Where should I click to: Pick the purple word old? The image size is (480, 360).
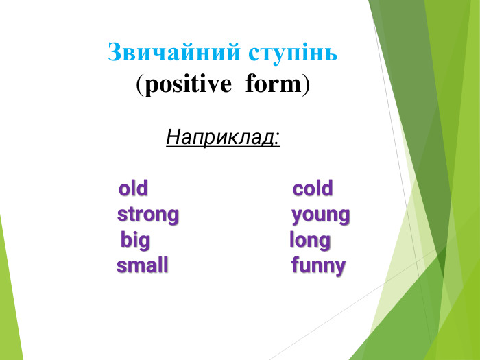point(133,189)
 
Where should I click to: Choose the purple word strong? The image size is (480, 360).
point(147,215)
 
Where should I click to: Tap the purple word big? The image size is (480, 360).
point(135,241)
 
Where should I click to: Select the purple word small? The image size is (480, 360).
point(142,266)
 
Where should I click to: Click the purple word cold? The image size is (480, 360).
point(313,189)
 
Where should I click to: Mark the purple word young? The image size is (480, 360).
point(320,215)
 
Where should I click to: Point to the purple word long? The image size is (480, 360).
point(309,241)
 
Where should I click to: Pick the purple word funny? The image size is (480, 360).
point(318,266)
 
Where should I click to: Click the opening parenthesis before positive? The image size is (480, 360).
point(140,85)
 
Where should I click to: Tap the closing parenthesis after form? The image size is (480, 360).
point(307,85)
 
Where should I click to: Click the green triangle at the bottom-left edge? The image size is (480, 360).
point(8,309)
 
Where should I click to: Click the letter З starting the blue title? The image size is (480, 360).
point(115,53)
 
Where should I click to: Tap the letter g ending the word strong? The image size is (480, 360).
point(173,217)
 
